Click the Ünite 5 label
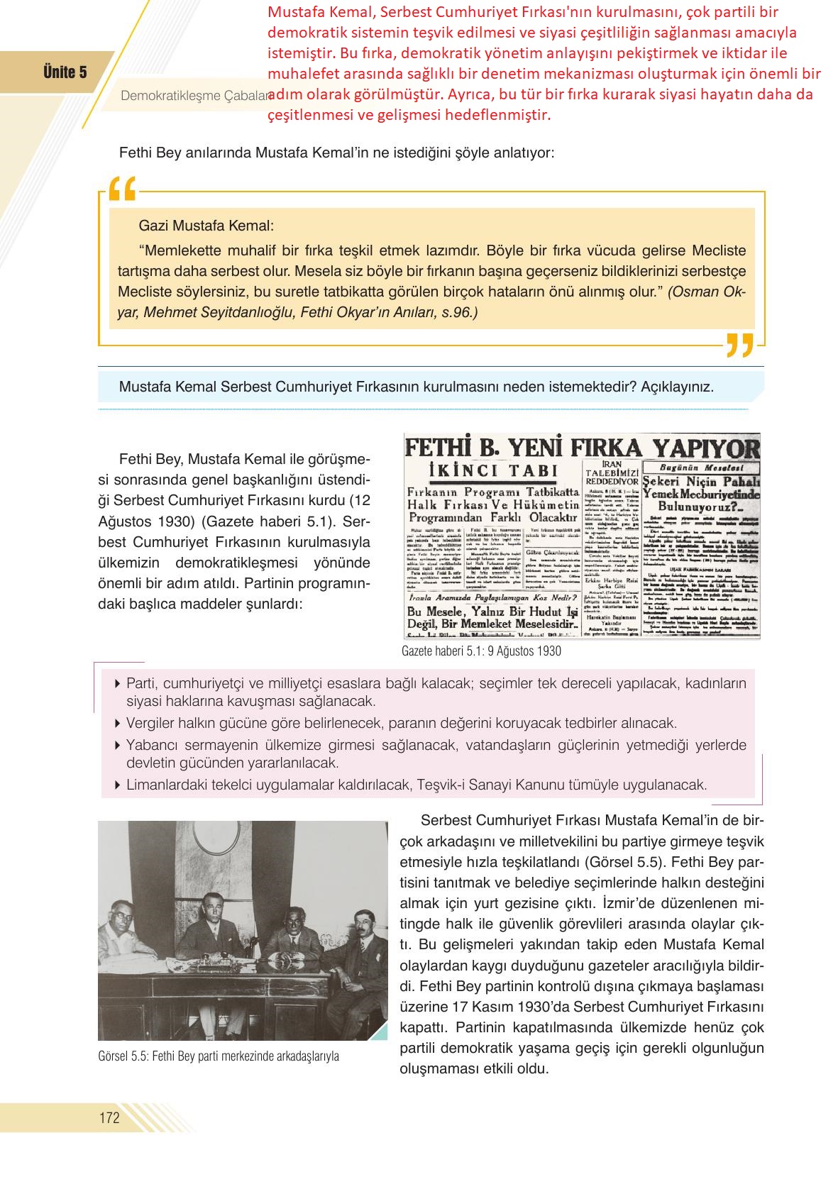pyautogui.click(x=65, y=72)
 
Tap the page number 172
pyautogui.click(x=109, y=1118)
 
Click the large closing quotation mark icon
pyautogui.click(x=739, y=345)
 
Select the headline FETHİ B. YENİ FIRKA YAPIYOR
pyautogui.click(x=582, y=448)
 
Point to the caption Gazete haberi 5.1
pyautogui.click(x=481, y=651)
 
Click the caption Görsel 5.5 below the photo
pyautogui.click(x=219, y=1056)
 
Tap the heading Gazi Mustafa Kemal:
pyautogui.click(x=206, y=226)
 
